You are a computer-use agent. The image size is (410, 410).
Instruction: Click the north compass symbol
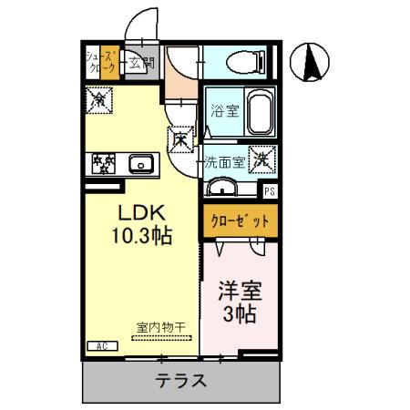coord(310,62)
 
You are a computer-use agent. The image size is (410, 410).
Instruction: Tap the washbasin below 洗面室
coord(221,188)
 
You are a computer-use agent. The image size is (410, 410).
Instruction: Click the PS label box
coord(269,191)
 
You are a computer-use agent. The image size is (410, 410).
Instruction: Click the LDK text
coord(138,210)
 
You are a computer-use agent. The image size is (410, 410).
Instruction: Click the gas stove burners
coord(103,164)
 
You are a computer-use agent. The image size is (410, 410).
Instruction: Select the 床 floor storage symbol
coord(180,138)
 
